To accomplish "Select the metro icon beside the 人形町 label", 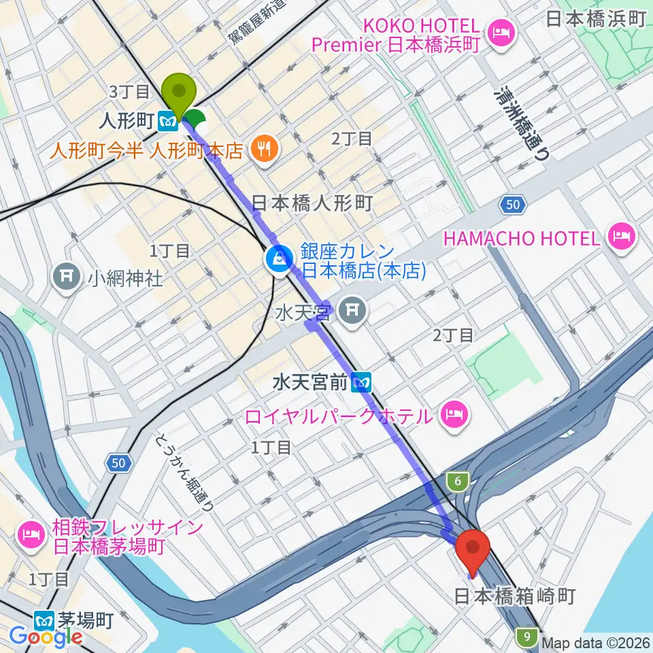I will pos(167,121).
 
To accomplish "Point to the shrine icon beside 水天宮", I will pos(352,311).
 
